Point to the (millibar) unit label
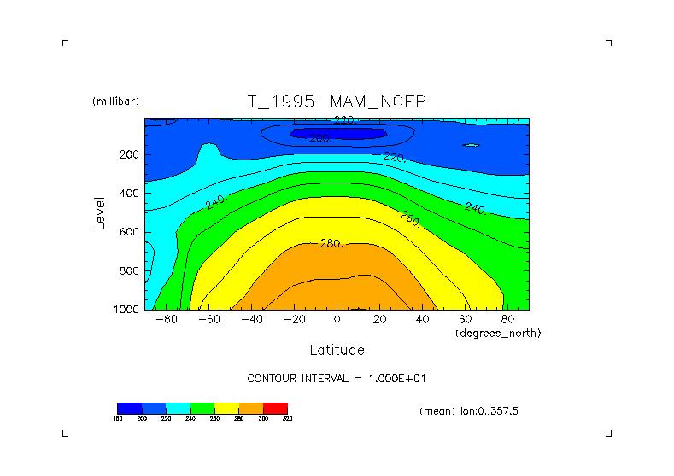coord(115,102)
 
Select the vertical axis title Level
coord(100,212)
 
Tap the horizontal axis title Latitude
coord(337,350)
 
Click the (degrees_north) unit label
coord(498,332)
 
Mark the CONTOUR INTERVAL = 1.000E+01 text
coord(343,378)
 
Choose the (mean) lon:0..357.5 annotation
coord(469,410)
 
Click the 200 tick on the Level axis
coord(129,155)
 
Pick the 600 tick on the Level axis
coord(129,232)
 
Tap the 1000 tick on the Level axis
coord(126,310)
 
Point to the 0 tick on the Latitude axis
coord(337,319)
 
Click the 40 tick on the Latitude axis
coord(422,319)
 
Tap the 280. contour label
coord(331,244)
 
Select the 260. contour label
coord(410,218)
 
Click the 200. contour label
coord(321,138)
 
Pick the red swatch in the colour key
coord(276,408)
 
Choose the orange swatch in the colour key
coord(251,408)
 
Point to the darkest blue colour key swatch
coord(129,408)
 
